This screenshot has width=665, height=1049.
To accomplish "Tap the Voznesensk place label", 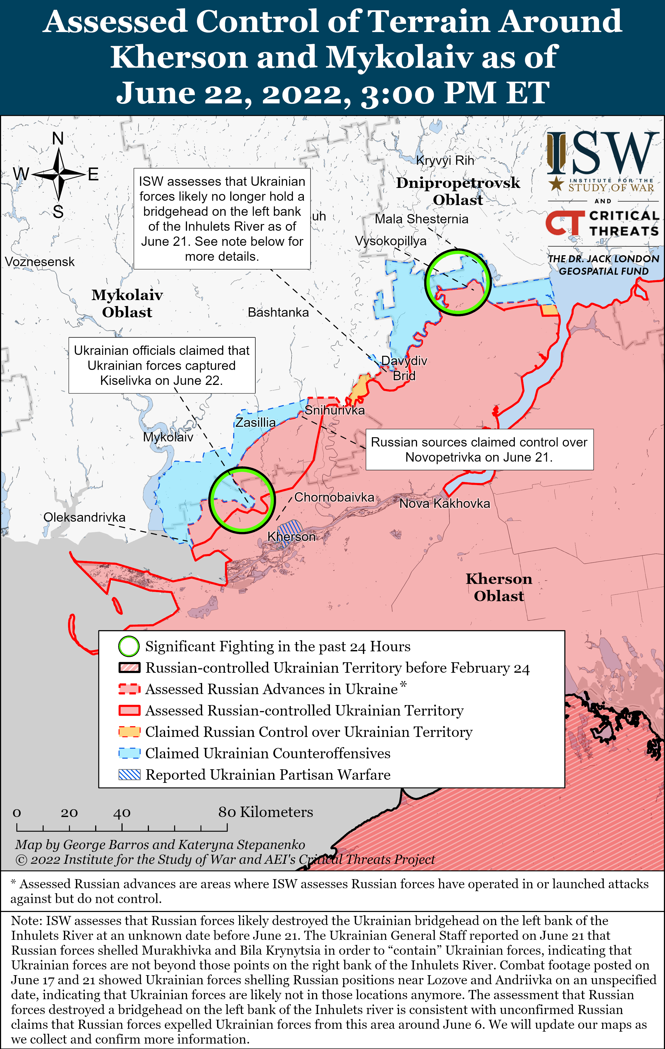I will click(40, 262).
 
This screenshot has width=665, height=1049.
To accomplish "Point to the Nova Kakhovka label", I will click(445, 504).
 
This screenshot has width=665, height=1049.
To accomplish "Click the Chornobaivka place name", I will click(334, 497).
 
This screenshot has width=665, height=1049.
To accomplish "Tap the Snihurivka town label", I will click(335, 410).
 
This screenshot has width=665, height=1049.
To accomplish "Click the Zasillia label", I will click(255, 422).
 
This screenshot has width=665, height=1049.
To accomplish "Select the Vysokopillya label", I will click(391, 241).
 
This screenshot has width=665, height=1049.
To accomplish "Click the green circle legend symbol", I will click(129, 646).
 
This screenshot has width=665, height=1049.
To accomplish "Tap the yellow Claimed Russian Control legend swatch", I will click(129, 732).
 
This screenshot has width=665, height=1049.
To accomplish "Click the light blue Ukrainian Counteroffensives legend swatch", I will click(129, 753).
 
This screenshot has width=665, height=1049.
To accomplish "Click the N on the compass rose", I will click(58, 139).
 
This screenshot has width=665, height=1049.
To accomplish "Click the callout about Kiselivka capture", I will click(162, 366).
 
